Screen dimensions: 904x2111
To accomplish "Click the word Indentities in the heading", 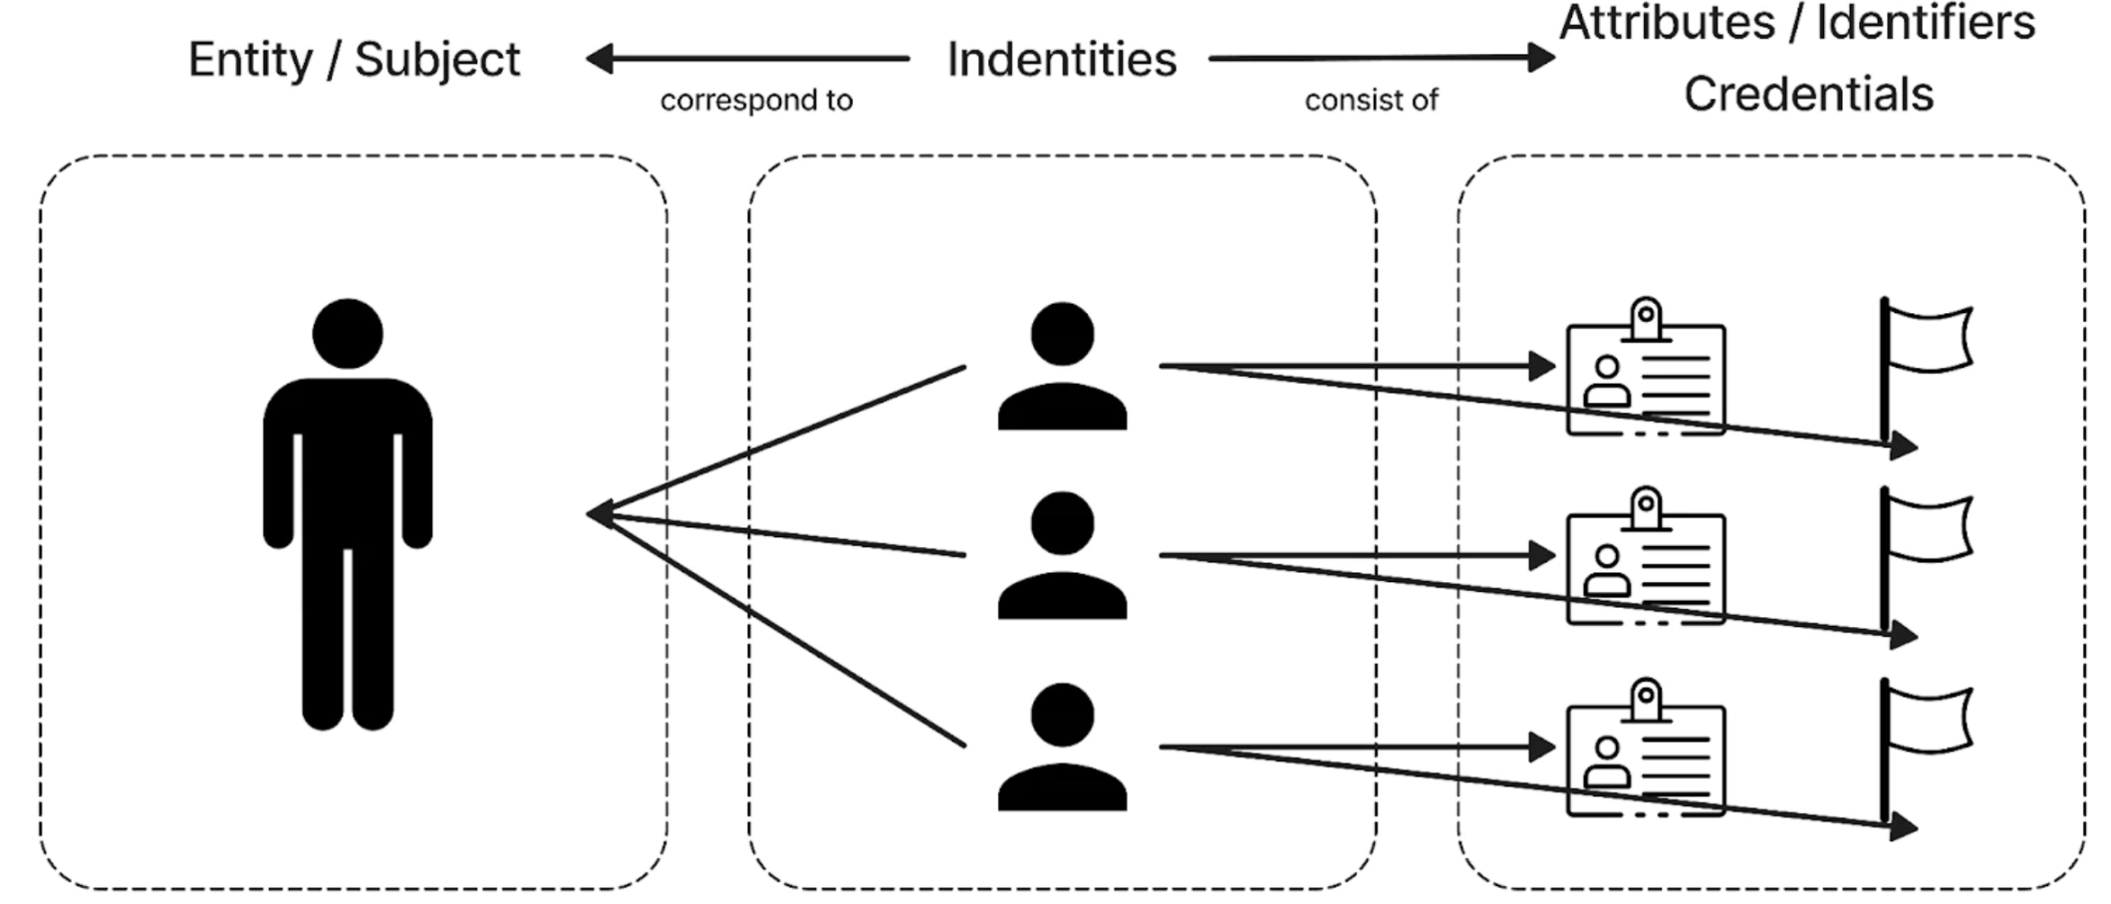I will coord(1061,59).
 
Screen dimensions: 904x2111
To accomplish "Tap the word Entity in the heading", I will coord(250,60).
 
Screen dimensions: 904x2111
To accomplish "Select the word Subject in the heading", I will coord(437,60).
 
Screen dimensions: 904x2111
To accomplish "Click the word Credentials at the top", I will coord(1808,95).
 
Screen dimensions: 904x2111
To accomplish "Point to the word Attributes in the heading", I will coord(1667,22).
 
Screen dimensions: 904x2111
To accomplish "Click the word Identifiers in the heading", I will coord(1925,22).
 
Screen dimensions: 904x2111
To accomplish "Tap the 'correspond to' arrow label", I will coord(756,101).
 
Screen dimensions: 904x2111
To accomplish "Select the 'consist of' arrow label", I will coord(1371,101).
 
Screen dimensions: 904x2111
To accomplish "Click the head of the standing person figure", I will coord(348,333).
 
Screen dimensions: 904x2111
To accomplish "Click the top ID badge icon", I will coord(1645,374).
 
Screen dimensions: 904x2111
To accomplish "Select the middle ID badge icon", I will coord(1645,563).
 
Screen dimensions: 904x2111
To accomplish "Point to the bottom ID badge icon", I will coord(1645,754).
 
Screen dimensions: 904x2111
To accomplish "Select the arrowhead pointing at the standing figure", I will coord(598,514).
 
